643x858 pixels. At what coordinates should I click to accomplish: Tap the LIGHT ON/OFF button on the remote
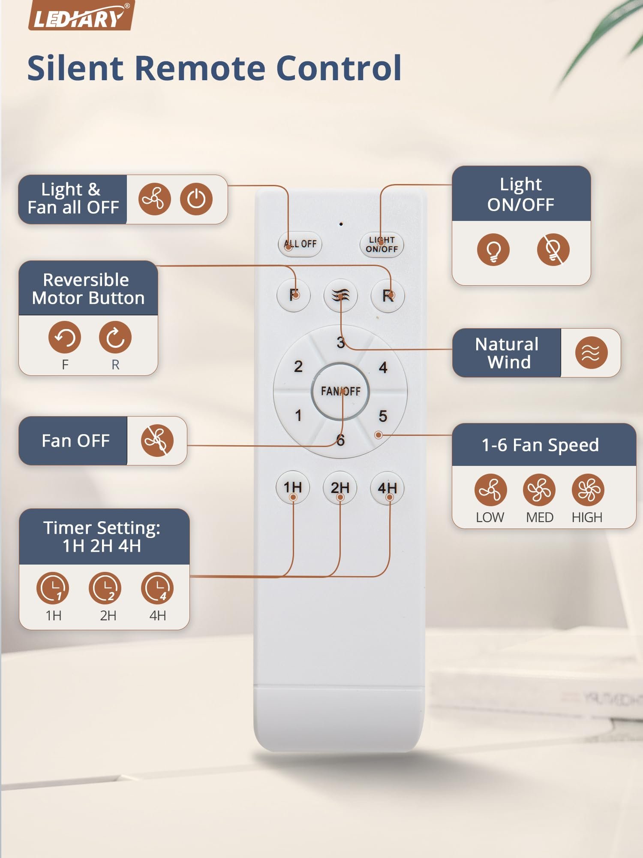click(x=382, y=245)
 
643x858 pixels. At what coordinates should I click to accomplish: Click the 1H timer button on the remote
click(x=293, y=488)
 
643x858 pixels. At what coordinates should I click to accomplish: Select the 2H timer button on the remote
click(x=340, y=488)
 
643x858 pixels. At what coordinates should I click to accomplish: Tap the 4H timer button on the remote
click(x=387, y=488)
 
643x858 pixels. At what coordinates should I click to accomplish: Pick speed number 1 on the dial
click(x=298, y=415)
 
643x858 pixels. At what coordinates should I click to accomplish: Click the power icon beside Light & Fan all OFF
click(x=196, y=199)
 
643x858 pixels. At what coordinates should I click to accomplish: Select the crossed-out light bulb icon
click(x=553, y=249)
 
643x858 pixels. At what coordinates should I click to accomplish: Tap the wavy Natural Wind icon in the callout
click(x=591, y=353)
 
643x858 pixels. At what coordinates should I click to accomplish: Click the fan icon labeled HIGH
click(x=588, y=490)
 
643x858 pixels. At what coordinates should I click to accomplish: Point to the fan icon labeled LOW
click(x=490, y=490)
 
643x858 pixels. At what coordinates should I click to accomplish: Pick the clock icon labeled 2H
click(x=105, y=588)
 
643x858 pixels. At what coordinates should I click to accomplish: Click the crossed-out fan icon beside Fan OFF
click(x=157, y=441)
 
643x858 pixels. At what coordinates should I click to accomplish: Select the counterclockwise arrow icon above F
click(x=65, y=337)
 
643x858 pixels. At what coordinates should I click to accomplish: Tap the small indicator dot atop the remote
click(x=341, y=224)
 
